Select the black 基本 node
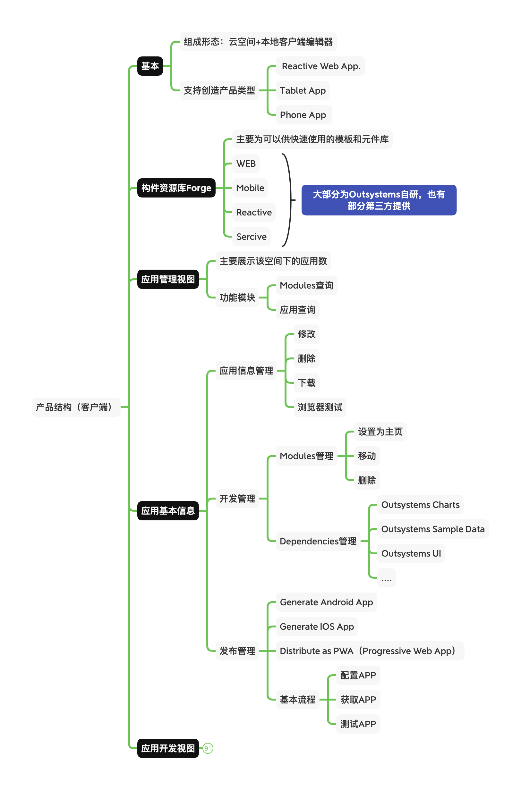pyautogui.click(x=150, y=66)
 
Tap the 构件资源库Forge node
pyautogui.click(x=176, y=188)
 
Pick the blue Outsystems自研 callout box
pyautogui.click(x=379, y=200)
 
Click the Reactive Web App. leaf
pyautogui.click(x=320, y=66)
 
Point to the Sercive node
pyautogui.click(x=251, y=236)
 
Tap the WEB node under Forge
pyautogui.click(x=246, y=164)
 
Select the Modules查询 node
pyautogui.click(x=306, y=285)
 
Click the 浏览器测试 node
pyautogui.click(x=320, y=407)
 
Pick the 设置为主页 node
pyautogui.click(x=380, y=431)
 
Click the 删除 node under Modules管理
pyautogui.click(x=366, y=480)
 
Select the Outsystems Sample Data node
pyautogui.click(x=432, y=529)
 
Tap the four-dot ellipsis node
pyautogui.click(x=386, y=578)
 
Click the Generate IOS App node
pyautogui.click(x=316, y=626)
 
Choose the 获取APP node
pyautogui.click(x=358, y=700)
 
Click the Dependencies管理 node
pyautogui.click(x=318, y=541)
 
